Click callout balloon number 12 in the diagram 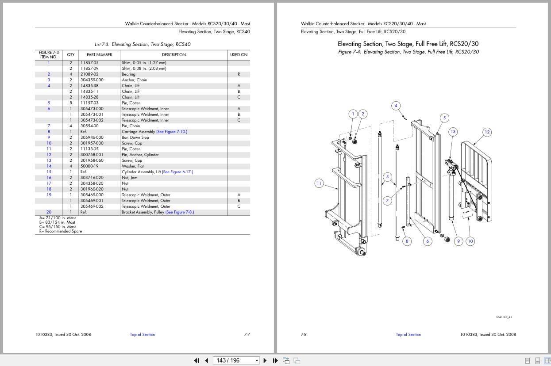click(487, 132)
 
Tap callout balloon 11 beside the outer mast click(319, 183)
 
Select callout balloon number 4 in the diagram click(396, 106)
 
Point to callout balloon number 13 click(453, 131)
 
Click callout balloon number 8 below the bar click(407, 241)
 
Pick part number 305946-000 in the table click(92, 137)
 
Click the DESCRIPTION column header click(173, 55)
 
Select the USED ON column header click(239, 55)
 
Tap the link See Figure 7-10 click(172, 132)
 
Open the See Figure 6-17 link click(177, 172)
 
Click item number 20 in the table click(49, 212)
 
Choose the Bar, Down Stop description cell click(135, 137)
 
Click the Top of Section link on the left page click(142, 335)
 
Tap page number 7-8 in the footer click(304, 335)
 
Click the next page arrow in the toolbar click(265, 360)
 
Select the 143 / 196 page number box click(235, 360)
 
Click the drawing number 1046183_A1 click(504, 317)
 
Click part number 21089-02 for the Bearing click(89, 74)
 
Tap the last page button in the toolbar click(274, 360)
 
